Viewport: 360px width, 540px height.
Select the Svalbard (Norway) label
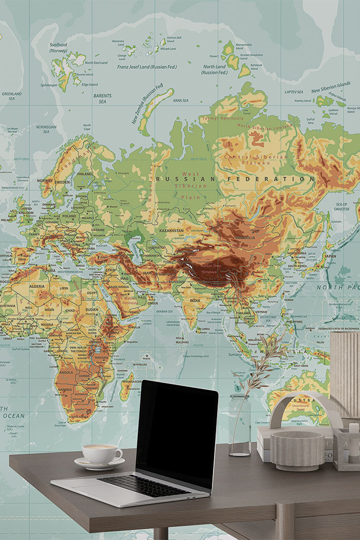59,47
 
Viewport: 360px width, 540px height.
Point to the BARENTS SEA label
102,98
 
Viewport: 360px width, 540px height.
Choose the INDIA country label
195,300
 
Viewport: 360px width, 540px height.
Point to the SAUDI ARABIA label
119,287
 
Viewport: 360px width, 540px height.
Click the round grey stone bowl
298,450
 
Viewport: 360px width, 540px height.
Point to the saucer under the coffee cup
99,463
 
